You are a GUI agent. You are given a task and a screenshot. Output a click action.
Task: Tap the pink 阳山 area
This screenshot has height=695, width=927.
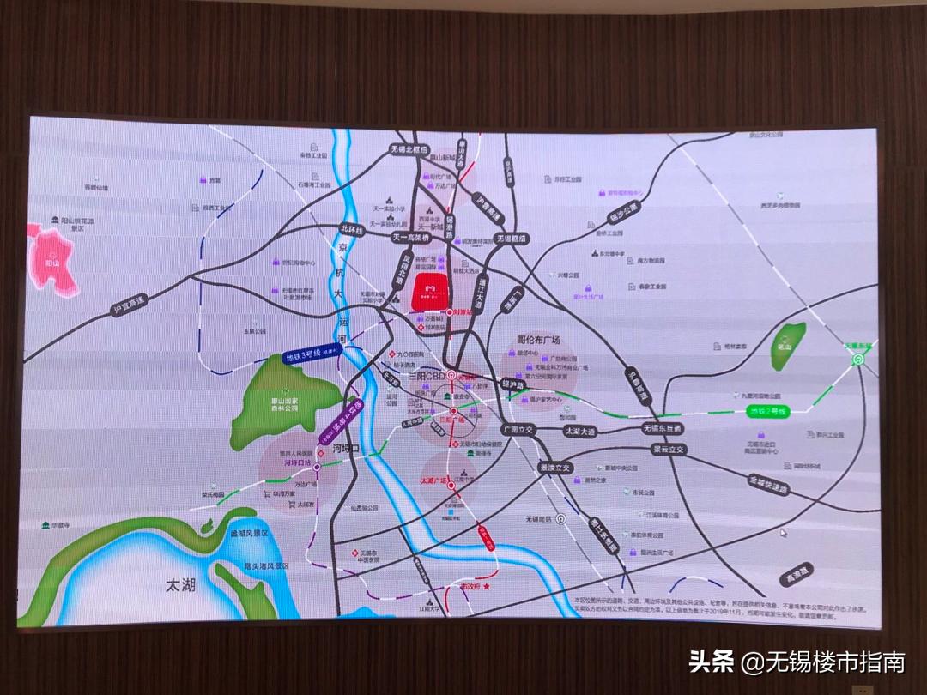(53, 261)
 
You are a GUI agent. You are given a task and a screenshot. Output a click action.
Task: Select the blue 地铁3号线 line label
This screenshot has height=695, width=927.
(311, 357)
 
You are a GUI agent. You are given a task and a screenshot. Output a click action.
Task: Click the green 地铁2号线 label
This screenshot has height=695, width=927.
(767, 411)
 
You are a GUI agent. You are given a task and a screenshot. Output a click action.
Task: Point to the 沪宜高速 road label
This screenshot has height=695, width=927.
(129, 305)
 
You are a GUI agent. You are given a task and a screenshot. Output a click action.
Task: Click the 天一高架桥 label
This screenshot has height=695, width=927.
(410, 236)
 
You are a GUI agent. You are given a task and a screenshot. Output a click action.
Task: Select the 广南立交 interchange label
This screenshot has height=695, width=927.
(518, 428)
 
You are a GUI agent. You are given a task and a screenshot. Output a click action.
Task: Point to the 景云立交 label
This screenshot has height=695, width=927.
(669, 449)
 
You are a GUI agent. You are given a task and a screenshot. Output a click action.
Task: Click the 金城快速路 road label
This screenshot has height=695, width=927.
(766, 486)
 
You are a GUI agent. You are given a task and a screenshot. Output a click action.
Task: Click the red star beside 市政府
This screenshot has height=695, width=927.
(487, 587)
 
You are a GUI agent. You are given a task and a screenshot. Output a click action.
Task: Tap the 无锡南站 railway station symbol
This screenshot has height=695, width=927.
(560, 519)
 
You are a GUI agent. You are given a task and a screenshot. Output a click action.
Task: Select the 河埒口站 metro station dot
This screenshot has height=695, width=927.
(317, 467)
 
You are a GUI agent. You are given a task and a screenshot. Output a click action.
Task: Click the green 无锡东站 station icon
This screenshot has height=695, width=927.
(857, 360)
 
